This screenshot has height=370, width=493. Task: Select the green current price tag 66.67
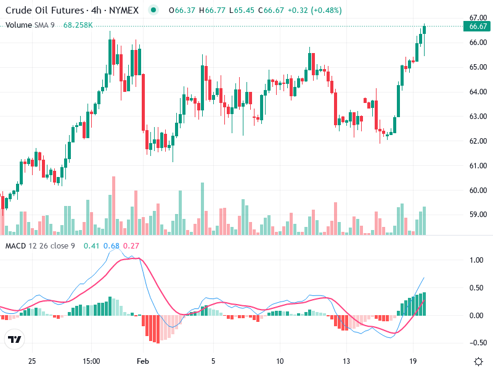click(478, 26)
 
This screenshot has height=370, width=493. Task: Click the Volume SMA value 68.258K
click(78, 25)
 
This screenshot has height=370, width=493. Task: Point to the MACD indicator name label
click(15, 246)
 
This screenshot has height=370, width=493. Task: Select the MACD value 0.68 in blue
click(112, 246)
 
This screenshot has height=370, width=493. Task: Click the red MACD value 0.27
click(131, 246)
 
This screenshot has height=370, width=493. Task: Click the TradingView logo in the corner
click(14, 339)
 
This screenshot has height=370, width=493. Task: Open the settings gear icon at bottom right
click(478, 361)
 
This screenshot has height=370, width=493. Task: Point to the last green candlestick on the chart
click(424, 37)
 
